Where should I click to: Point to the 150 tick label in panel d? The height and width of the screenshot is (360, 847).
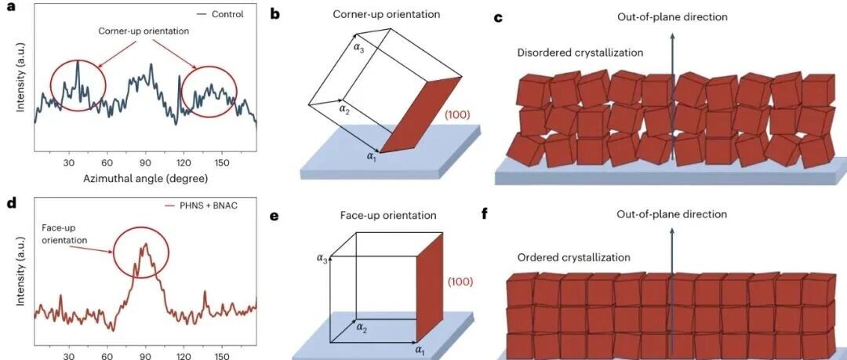point(223,357)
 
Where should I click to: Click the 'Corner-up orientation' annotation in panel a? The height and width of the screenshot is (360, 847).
point(144,31)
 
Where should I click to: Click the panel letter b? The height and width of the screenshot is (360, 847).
point(275,15)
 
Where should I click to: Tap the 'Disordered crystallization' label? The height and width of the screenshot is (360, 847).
point(580,53)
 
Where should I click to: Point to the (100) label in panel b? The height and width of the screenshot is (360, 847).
point(459,115)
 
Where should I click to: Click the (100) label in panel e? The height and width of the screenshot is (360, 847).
point(460,282)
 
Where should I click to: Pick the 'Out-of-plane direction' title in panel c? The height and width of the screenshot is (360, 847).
point(672,16)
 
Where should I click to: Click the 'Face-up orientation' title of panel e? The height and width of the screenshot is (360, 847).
point(388,215)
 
